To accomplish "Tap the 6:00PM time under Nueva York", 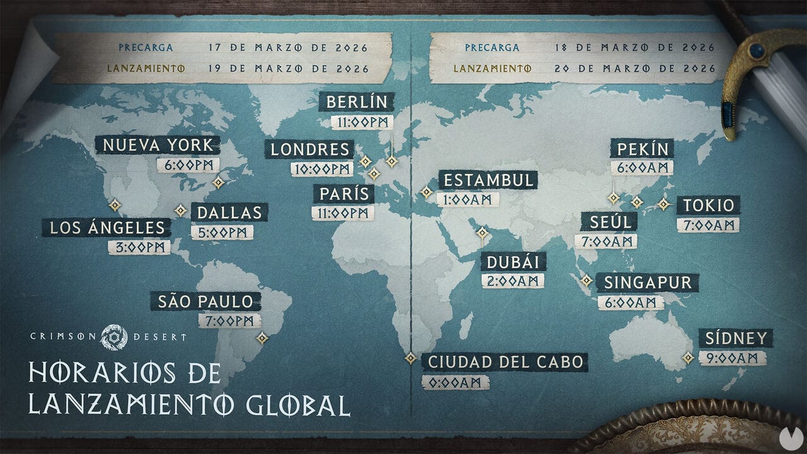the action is (189, 165).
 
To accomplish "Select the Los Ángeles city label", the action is (106, 228).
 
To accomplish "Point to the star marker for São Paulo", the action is (262, 339).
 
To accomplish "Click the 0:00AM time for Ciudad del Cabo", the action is (455, 382).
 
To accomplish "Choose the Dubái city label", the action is (513, 262).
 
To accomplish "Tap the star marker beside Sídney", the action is (688, 358).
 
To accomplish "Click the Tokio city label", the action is (709, 206).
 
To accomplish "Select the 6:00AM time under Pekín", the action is (642, 168).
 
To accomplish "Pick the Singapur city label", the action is (647, 282).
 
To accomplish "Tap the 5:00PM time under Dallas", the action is (222, 233).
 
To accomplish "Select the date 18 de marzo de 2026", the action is (635, 47).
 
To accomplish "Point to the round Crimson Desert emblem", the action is (114, 337).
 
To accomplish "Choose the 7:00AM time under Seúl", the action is (605, 241).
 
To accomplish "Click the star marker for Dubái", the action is (482, 233).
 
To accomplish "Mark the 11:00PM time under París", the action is (343, 213).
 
